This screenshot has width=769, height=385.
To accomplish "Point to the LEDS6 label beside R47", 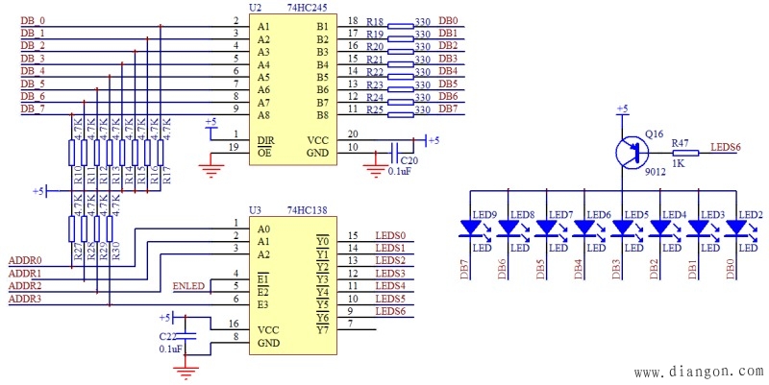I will point(725,147).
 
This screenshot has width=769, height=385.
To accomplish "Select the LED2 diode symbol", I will point(739,228).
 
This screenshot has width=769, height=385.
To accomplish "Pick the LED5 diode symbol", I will point(624,228).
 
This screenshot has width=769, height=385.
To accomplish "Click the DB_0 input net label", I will point(33,20).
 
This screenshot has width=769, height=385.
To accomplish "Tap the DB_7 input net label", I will point(33,108).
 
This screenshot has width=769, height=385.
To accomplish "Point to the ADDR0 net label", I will point(25,260).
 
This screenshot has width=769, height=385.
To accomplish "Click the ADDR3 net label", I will point(25,300).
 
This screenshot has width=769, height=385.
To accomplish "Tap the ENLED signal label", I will point(187,286).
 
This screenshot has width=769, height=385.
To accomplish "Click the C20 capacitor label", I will point(409,160).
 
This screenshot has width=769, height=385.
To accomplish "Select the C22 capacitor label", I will point(168,336).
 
